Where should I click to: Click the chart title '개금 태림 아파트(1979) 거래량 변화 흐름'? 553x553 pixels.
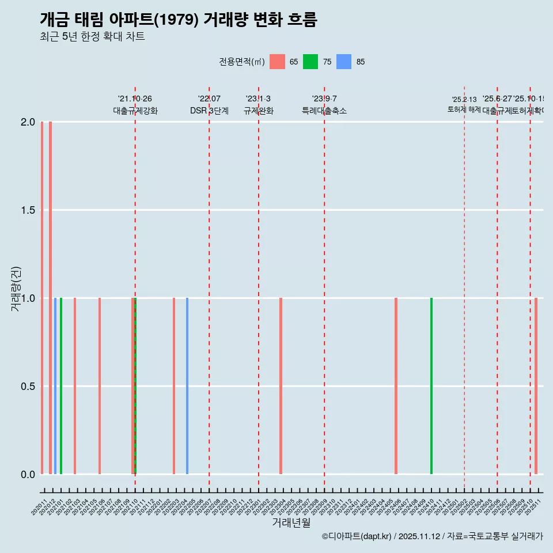(x=179, y=20)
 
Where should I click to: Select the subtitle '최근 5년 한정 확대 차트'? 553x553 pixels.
(x=92, y=37)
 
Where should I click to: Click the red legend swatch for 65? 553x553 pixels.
(x=277, y=62)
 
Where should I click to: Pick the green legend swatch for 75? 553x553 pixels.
(x=310, y=62)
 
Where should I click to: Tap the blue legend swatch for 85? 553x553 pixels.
(x=344, y=62)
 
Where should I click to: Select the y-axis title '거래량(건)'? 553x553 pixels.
(x=16, y=288)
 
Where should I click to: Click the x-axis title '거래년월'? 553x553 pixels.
(x=291, y=523)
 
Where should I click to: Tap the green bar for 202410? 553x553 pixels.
(x=431, y=386)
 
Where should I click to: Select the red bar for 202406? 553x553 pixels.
(x=396, y=386)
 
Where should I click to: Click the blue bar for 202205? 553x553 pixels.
(x=187, y=386)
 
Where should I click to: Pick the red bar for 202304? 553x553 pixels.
(x=281, y=386)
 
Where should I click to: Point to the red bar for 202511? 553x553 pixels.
(x=536, y=386)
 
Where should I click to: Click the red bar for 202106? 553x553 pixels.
(x=100, y=386)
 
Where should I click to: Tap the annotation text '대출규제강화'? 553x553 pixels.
(x=135, y=111)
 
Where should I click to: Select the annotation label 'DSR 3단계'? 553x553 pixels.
(x=209, y=111)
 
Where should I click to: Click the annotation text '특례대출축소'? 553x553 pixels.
(x=324, y=111)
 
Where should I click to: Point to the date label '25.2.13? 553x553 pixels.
(x=464, y=100)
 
